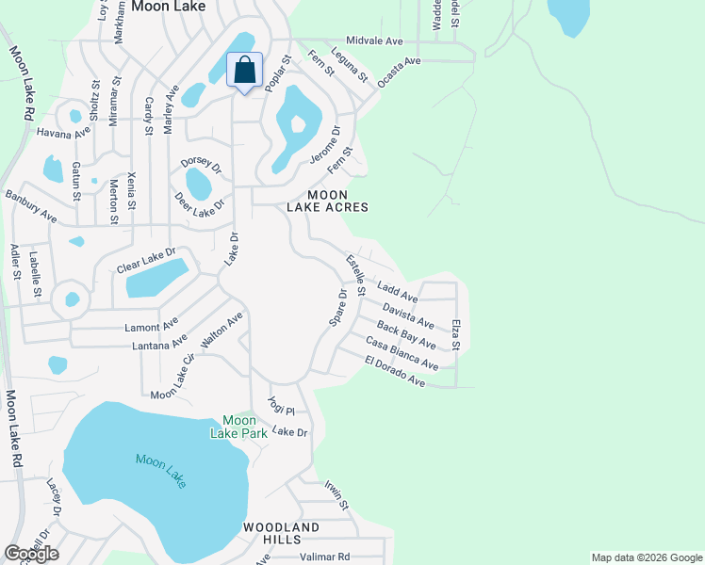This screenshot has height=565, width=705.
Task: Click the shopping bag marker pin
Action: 244,71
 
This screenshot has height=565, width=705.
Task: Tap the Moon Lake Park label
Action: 238,426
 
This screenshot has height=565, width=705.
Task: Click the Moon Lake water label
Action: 160,470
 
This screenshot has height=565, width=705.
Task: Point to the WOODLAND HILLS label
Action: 282,533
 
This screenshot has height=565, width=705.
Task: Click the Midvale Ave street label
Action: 374,41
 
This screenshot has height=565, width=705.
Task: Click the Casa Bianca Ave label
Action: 402,353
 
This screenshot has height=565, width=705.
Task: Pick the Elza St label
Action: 455,335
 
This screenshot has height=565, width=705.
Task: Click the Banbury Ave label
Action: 30,207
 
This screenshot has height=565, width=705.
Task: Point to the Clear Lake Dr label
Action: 146,261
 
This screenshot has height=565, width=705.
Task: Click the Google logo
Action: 32,554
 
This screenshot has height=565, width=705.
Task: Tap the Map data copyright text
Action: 646,557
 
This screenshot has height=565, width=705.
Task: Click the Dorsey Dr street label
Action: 201,165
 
